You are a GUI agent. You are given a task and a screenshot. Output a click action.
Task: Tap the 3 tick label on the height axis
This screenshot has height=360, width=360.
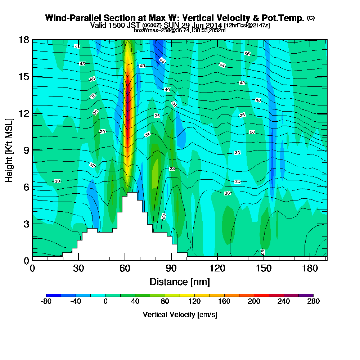coord(26,224)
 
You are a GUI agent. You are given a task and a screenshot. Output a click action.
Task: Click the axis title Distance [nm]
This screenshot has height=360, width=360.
coord(180,282)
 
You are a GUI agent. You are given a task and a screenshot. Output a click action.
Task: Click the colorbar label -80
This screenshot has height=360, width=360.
coord(47,301)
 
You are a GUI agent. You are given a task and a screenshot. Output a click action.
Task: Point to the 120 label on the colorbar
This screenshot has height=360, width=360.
coord(194,301)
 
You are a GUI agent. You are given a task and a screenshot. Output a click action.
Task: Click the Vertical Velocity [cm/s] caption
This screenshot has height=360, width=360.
coord(180,315)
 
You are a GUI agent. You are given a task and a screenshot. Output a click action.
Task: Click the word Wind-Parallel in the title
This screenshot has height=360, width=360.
coord(67,18)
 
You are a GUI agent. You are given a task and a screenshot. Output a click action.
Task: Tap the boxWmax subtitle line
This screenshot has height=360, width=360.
coord(180,30)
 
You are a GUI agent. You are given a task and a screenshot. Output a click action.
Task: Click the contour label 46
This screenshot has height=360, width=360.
coord(247,53)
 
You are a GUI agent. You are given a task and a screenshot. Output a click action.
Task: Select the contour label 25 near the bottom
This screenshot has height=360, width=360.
coord(262,253)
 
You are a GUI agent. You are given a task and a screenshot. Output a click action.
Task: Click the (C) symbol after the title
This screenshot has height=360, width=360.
coord(311,18)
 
